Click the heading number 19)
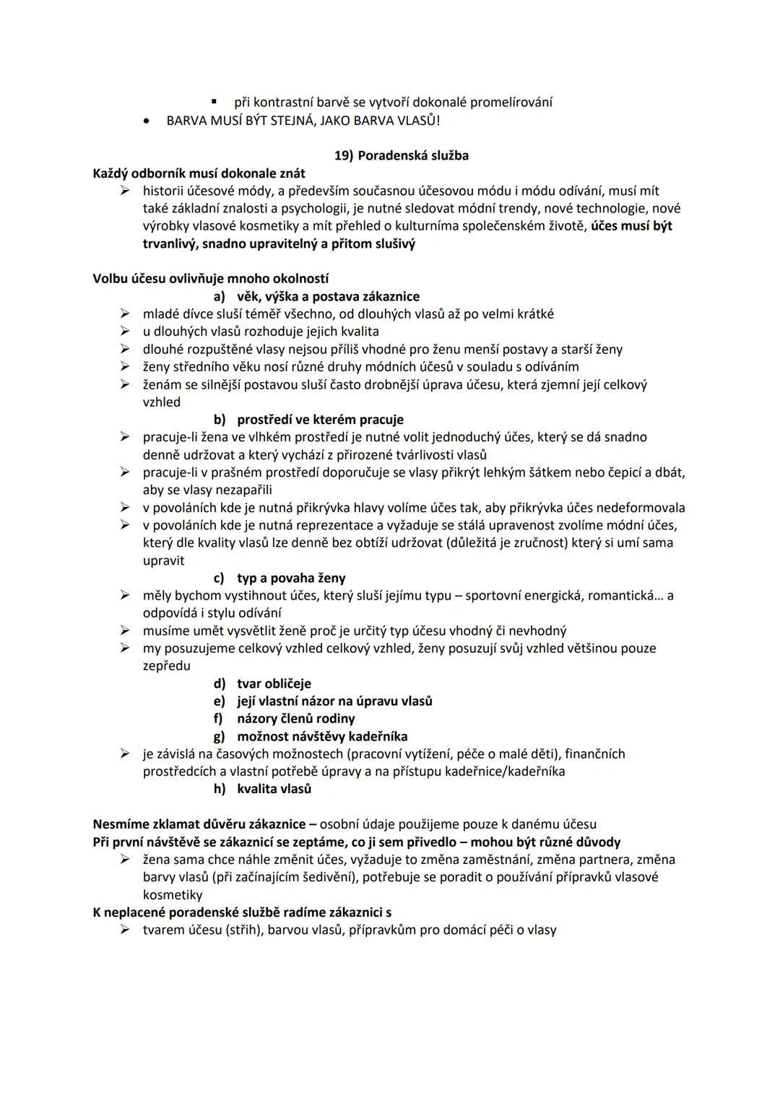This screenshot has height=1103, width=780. pyautogui.click(x=342, y=155)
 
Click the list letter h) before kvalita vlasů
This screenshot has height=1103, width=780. pyautogui.click(x=219, y=789)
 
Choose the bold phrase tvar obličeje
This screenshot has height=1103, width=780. pyautogui.click(x=274, y=683)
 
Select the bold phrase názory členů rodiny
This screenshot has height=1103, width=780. pyautogui.click(x=295, y=718)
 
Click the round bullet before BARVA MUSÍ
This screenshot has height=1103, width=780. pyautogui.click(x=147, y=121)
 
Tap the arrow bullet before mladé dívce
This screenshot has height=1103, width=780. pyautogui.click(x=125, y=314)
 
